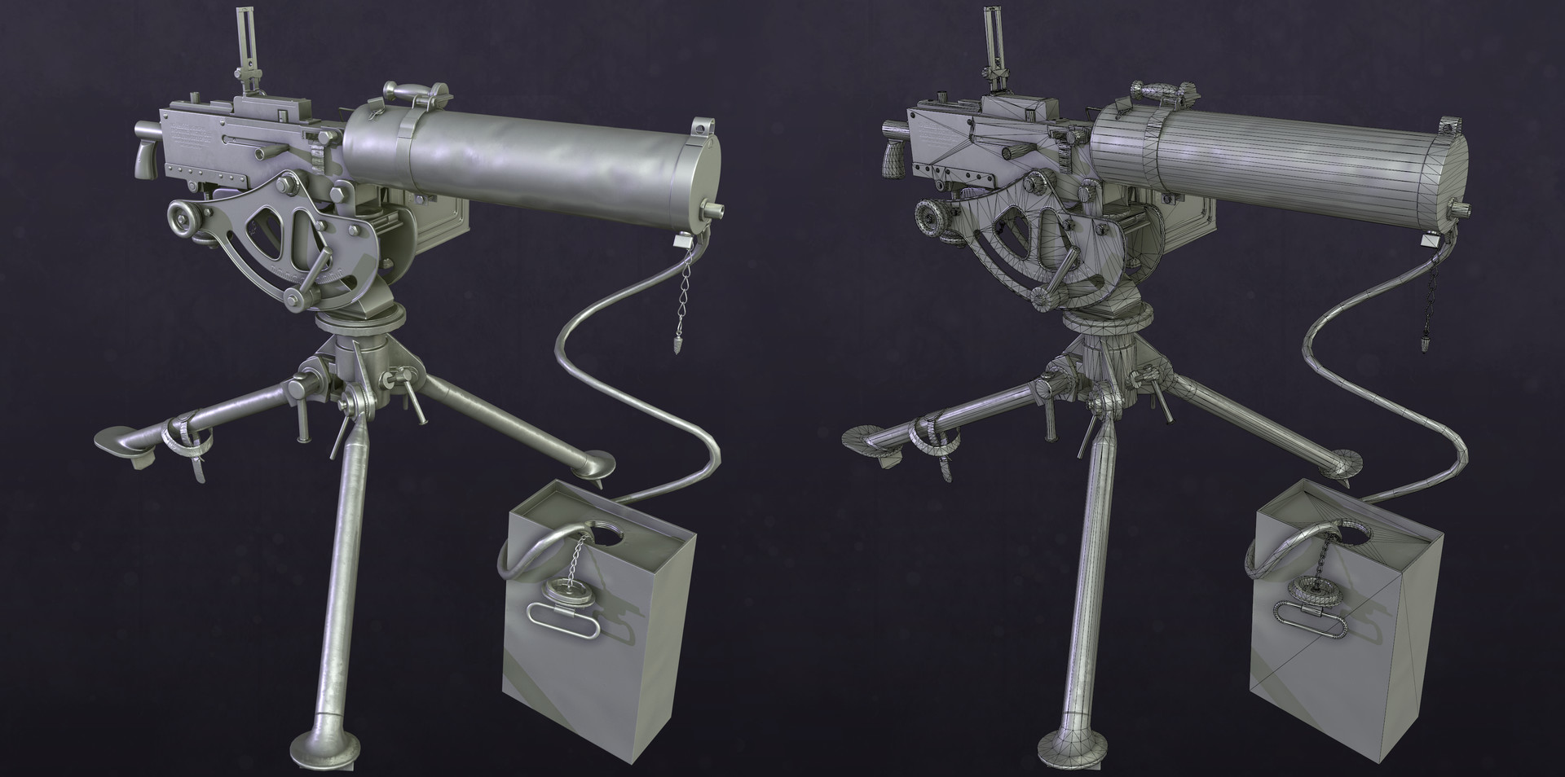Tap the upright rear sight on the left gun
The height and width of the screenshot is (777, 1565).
243,49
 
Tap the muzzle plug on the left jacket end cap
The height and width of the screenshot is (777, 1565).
716,209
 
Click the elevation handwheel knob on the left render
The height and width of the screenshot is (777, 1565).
182,218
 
